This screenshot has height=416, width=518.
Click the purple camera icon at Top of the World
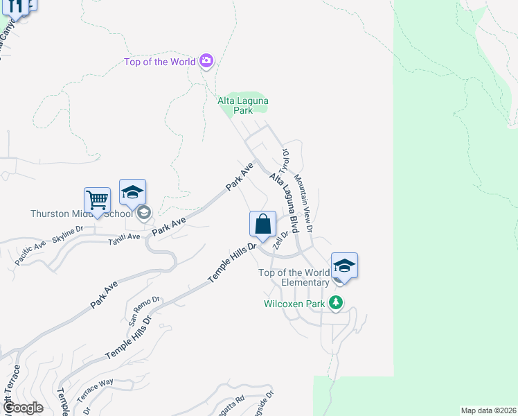click(x=206, y=62)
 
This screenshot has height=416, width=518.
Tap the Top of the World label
click(x=160, y=62)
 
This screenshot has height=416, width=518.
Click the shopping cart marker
click(x=98, y=201)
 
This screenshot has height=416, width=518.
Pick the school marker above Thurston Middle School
click(x=132, y=193)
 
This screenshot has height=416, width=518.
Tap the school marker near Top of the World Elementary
click(x=344, y=266)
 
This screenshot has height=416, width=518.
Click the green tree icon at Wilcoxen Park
click(x=336, y=303)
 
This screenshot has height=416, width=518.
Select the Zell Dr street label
click(x=280, y=240)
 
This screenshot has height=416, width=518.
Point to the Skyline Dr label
click(x=67, y=229)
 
